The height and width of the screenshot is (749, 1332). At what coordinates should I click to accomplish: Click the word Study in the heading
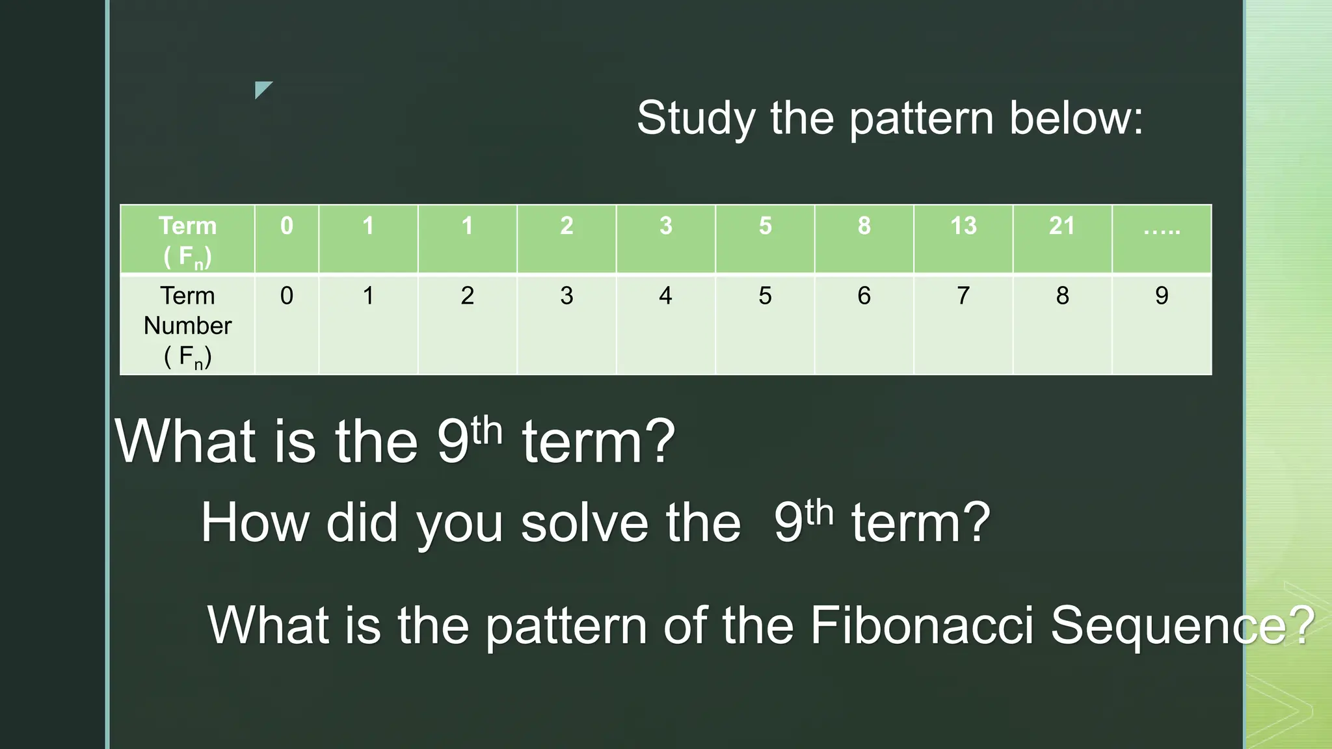click(x=696, y=119)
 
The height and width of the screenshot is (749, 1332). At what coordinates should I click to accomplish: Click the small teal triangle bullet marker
click(x=262, y=89)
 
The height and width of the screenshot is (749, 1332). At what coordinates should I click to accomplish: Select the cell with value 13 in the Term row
click(x=963, y=226)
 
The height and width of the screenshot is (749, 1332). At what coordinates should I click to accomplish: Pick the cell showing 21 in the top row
click(x=1062, y=226)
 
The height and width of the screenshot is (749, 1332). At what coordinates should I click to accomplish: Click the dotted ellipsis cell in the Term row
click(x=1162, y=229)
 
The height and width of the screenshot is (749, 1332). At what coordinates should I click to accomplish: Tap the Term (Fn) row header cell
click(x=187, y=239)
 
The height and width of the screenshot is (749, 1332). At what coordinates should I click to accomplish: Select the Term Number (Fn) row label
click(x=187, y=325)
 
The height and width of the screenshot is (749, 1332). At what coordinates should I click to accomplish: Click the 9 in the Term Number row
click(x=1162, y=296)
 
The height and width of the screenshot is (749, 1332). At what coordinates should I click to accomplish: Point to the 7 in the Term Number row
click(x=963, y=296)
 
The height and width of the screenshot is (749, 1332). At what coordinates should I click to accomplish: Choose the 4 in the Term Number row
click(x=665, y=296)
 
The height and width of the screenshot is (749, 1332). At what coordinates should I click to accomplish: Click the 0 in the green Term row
click(x=287, y=226)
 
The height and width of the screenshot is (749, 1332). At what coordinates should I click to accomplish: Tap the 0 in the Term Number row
click(x=287, y=296)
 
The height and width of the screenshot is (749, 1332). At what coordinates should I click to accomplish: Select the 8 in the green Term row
click(x=864, y=226)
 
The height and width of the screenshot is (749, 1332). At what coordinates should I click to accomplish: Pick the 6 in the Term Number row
click(x=864, y=296)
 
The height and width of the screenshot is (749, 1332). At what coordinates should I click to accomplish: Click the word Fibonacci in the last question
click(x=921, y=625)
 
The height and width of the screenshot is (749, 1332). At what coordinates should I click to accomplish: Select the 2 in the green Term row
click(x=566, y=226)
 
